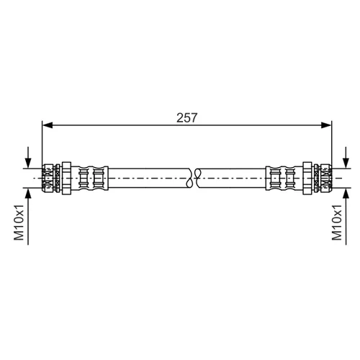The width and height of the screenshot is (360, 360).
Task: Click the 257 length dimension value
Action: point(186,118)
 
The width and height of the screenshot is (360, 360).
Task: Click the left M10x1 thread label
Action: point(19,222)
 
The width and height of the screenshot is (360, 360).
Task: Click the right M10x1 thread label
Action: point(337,222)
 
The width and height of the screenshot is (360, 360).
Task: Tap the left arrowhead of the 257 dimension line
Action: point(48,125)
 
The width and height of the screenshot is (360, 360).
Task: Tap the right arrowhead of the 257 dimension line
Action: point(326,125)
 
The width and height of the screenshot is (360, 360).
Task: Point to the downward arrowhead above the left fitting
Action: point(28,163)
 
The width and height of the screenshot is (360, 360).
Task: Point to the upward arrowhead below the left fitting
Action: point(28,194)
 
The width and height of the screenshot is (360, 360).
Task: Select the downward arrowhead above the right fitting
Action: point(346,163)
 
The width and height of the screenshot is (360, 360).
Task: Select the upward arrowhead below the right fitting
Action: point(346,194)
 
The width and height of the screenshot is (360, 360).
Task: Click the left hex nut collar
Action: point(66,179)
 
